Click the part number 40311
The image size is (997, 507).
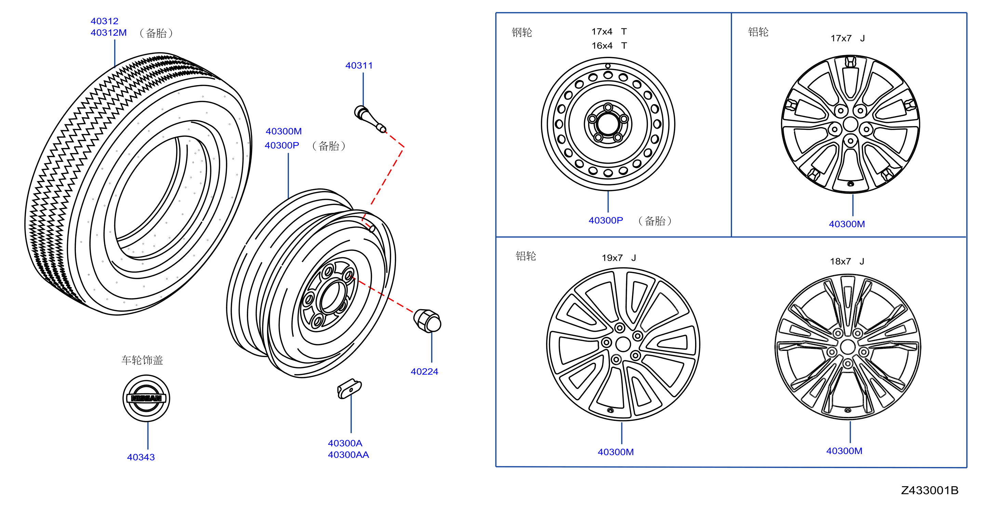(359, 66)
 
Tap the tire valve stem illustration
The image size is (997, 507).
(370, 119)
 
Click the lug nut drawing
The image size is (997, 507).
(427, 320)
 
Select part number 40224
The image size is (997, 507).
(424, 372)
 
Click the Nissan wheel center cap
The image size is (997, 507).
(146, 398)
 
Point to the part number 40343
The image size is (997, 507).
(141, 457)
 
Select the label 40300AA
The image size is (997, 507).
(348, 455)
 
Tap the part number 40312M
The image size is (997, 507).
(108, 33)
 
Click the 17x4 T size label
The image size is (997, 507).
(609, 31)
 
